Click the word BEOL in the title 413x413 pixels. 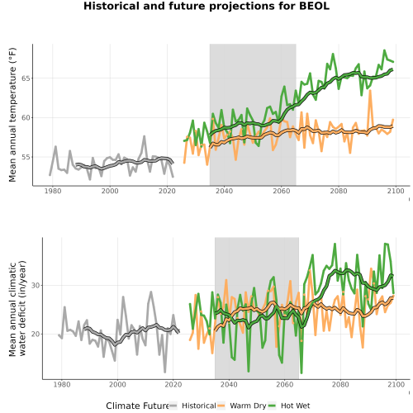(x=314, y=6)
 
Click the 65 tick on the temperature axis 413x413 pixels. (x=26, y=78)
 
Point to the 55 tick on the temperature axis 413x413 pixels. (x=26, y=157)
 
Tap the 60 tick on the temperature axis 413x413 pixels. (x=26, y=118)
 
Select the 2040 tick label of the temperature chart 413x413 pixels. (x=224, y=191)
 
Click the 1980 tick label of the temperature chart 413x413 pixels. (x=53, y=191)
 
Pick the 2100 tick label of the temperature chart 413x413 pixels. (x=396, y=191)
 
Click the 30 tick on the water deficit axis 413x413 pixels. (x=36, y=286)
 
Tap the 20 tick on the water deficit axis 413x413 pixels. (x=36, y=334)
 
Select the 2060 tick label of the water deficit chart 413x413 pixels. (x=285, y=384)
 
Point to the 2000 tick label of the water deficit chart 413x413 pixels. (x=117, y=384)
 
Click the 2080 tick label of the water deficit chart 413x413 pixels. (x=340, y=384)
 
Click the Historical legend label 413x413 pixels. (x=199, y=406)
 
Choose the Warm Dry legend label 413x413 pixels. (x=248, y=406)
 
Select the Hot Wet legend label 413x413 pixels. (x=295, y=406)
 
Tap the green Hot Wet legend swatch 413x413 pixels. (x=272, y=406)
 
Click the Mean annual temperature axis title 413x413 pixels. (x=12, y=115)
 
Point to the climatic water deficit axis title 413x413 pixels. (x=17, y=308)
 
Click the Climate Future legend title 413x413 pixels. (x=137, y=406)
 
